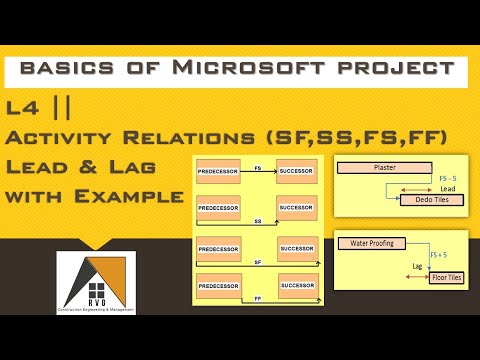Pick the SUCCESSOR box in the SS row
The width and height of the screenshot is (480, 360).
[x=298, y=208]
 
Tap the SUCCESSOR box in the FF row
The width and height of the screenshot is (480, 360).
[x=298, y=286]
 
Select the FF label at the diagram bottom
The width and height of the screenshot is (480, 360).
[x=259, y=298]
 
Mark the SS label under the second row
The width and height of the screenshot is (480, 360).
[x=259, y=220]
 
